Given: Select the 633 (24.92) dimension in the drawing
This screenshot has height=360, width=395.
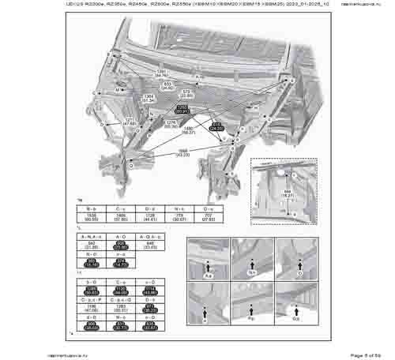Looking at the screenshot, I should pos(167,86).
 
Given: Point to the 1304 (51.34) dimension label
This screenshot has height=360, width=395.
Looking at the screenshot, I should pos(148,99).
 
